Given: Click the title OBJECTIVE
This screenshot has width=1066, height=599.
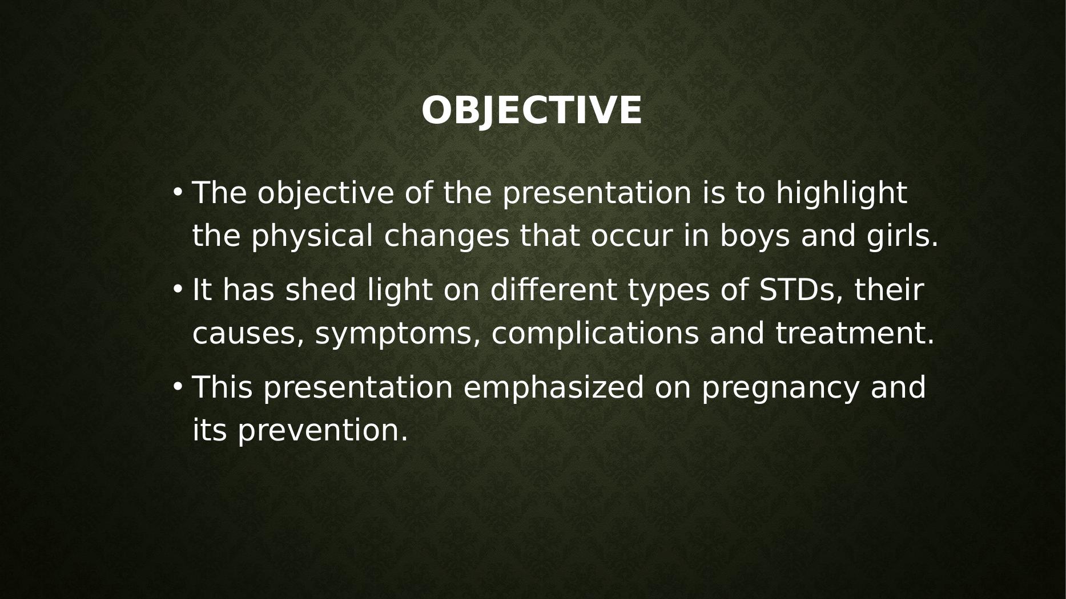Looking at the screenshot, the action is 532,110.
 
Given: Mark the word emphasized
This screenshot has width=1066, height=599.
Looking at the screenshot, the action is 553,388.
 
